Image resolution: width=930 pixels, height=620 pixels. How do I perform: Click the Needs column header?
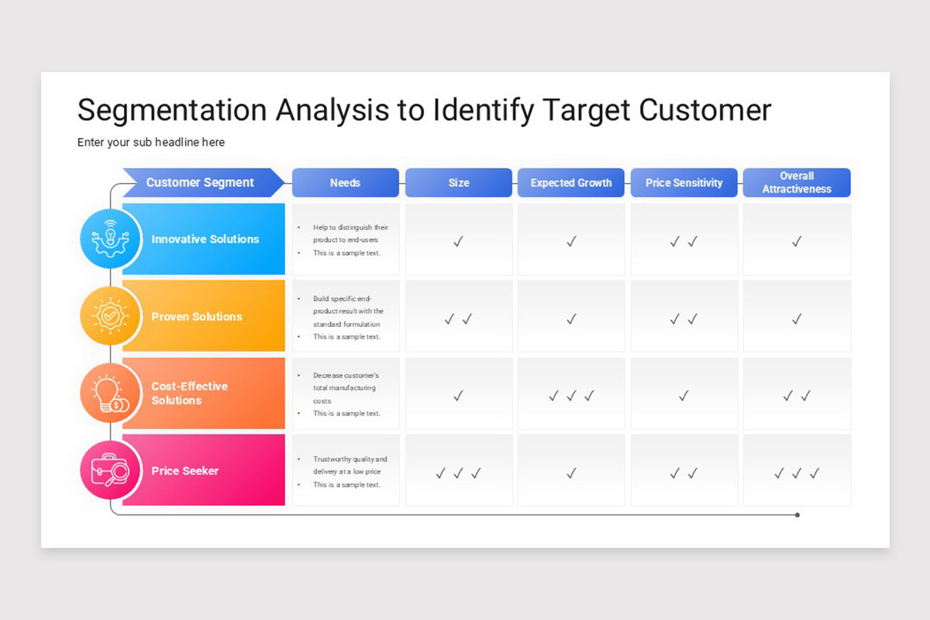(x=345, y=183)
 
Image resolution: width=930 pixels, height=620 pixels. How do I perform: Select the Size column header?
(x=458, y=183)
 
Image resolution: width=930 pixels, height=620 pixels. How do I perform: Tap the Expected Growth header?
(x=571, y=183)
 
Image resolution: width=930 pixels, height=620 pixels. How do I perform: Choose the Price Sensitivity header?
(x=684, y=183)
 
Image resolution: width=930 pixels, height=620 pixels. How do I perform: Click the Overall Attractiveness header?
(x=797, y=183)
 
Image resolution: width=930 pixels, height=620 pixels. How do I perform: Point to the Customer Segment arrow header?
(x=200, y=183)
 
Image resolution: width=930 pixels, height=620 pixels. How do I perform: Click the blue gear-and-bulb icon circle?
(x=111, y=239)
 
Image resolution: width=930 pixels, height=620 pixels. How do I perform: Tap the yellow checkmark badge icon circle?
(x=111, y=316)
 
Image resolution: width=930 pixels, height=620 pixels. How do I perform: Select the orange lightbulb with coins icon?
(x=111, y=393)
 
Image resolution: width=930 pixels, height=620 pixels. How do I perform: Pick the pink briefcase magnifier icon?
(x=111, y=470)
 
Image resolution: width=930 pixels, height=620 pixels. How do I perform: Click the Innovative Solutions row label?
(x=205, y=239)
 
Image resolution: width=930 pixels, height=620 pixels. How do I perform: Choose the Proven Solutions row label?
(x=197, y=316)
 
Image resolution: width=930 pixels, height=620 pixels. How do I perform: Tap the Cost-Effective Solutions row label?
(x=189, y=393)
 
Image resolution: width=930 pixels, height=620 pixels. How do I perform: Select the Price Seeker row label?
(x=185, y=470)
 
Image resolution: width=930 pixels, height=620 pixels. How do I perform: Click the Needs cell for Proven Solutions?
(x=346, y=317)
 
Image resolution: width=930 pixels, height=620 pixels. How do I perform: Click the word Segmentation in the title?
(x=171, y=110)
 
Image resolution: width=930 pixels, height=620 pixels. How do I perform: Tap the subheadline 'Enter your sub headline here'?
(x=151, y=143)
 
